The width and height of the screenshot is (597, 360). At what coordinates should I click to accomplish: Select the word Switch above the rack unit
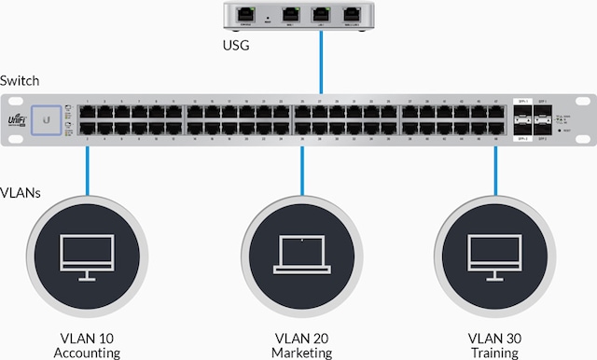click(x=20, y=82)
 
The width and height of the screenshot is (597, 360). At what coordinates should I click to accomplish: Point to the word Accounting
click(x=88, y=353)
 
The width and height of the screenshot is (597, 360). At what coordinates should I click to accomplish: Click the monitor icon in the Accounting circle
click(x=87, y=255)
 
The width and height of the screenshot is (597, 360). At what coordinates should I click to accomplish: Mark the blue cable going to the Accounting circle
click(x=88, y=168)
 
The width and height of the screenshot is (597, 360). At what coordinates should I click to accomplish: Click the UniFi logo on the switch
click(x=15, y=120)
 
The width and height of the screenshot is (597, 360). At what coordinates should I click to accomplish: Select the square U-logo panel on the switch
click(x=43, y=119)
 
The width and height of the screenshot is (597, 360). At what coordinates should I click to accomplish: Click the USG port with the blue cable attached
click(x=321, y=14)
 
